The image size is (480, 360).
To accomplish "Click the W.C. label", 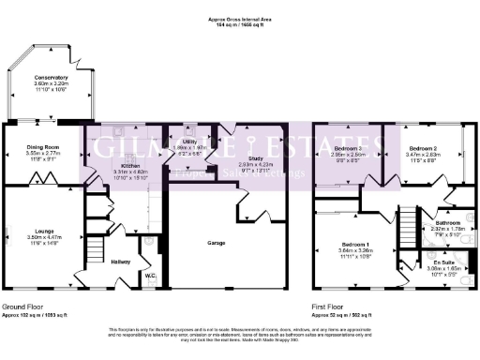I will (150, 276).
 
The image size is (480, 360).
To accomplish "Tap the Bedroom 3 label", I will (349, 149).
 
